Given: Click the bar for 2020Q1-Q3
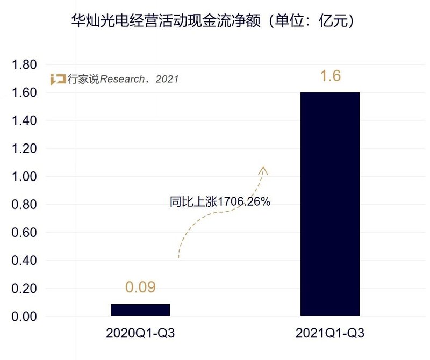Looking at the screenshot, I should [x=140, y=309].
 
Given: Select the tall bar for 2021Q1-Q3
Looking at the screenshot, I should [x=330, y=204].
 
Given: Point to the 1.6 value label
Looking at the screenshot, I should [x=330, y=76].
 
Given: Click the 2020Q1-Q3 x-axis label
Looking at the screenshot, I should [x=141, y=334].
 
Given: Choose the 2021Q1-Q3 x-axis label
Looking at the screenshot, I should [x=330, y=334].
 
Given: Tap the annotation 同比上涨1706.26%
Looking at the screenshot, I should [x=220, y=202].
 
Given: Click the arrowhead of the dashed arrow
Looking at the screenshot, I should [x=263, y=170].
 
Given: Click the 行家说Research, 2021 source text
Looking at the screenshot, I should [x=123, y=80].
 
